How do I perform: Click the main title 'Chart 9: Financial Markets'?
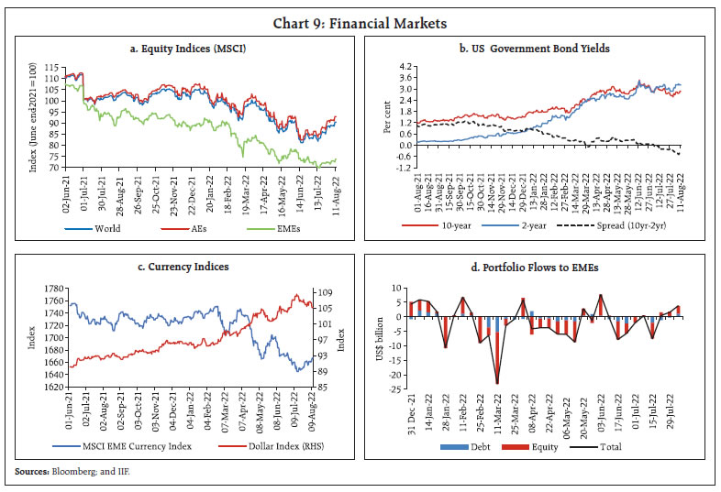click(x=360, y=16)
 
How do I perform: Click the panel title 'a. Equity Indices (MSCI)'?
click(x=187, y=48)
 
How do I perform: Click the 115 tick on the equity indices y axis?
click(x=53, y=68)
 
